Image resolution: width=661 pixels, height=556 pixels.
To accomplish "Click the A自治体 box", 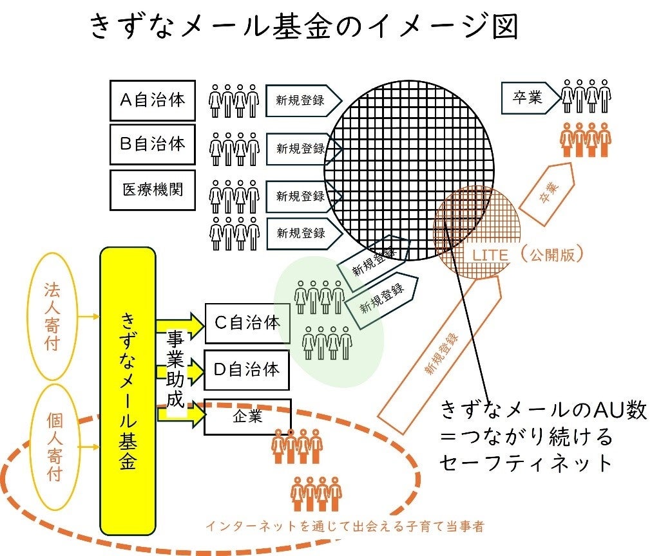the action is pyautogui.click(x=152, y=100).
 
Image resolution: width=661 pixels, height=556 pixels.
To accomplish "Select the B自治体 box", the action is pyautogui.click(x=152, y=144).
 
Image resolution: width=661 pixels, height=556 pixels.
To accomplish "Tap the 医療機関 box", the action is pyautogui.click(x=152, y=190).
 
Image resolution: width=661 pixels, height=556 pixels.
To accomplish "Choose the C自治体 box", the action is pyautogui.click(x=247, y=323).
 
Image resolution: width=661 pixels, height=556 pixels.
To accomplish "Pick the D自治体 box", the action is pyautogui.click(x=247, y=370).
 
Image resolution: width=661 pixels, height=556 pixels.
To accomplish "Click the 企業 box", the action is pyautogui.click(x=247, y=416).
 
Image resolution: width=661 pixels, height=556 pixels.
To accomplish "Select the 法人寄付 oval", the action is pyautogui.click(x=52, y=316).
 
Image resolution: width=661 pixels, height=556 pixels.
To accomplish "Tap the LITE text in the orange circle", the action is pyautogui.click(x=491, y=255).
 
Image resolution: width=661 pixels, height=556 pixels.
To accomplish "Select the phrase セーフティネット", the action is pyautogui.click(x=526, y=462).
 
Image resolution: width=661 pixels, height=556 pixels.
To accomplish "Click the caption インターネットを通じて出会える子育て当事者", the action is pyautogui.click(x=345, y=526).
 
